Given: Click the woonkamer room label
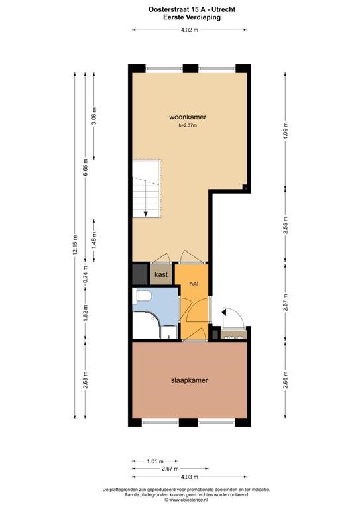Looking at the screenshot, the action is (188, 117).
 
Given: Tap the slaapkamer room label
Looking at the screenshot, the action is (189, 380).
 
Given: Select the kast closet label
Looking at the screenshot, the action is (161, 274).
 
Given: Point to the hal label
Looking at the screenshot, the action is (194, 284).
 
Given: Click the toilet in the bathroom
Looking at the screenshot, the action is (145, 296).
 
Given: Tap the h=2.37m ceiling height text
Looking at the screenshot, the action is (188, 126).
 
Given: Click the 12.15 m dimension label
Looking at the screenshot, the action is (75, 245).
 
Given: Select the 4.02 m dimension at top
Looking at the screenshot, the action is (189, 30).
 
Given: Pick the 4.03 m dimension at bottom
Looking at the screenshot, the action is (189, 477).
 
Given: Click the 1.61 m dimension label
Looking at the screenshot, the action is (155, 461).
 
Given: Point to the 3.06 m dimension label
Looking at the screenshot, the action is (94, 116).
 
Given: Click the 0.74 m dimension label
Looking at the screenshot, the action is (86, 274).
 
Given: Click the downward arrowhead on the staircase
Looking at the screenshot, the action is (145, 214).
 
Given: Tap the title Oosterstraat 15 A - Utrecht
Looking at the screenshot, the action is (192, 9).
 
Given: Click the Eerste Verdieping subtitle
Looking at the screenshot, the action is (192, 17).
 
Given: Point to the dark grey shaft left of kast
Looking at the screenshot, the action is (140, 274).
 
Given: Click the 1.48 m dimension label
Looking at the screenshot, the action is (94, 241).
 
